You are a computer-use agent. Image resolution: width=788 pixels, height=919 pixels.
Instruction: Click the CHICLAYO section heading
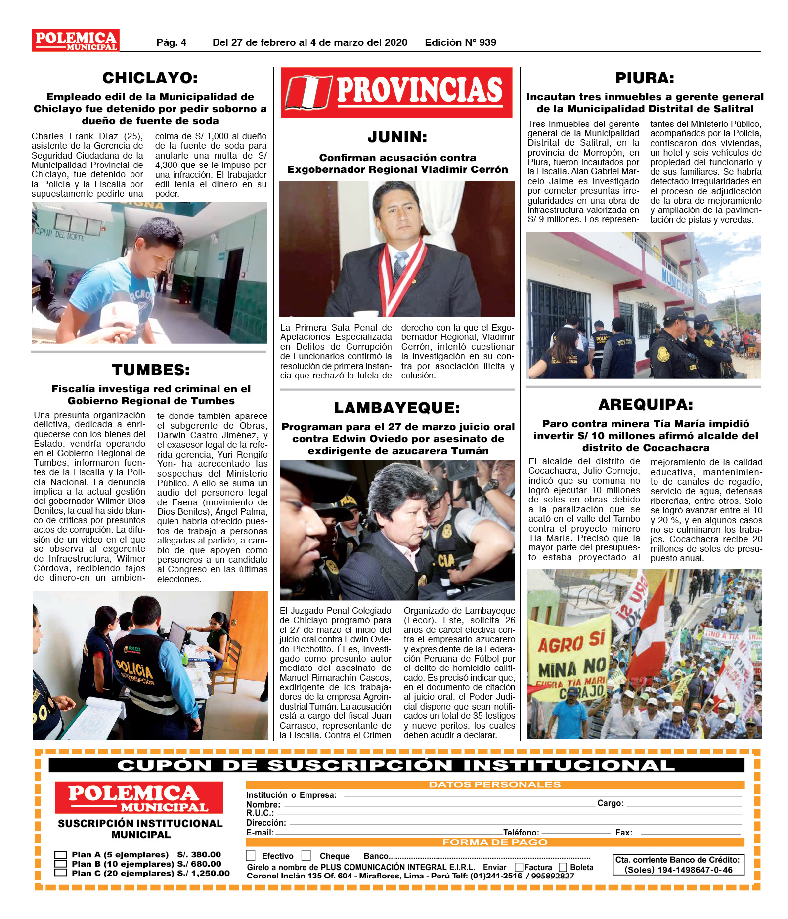pyautogui.click(x=150, y=78)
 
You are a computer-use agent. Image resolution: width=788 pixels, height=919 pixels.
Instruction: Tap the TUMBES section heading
pyautogui.click(x=151, y=370)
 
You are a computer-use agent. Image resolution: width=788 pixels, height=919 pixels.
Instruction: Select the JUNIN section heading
pyautogui.click(x=397, y=137)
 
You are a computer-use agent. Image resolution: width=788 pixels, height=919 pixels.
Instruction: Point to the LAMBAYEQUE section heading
pyautogui.click(x=397, y=408)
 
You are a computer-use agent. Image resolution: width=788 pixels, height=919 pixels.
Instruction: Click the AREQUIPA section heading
pyautogui.click(x=646, y=405)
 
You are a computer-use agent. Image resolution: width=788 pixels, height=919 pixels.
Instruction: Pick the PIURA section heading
pyautogui.click(x=645, y=78)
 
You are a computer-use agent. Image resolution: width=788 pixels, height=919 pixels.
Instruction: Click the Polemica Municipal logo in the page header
pyautogui.click(x=76, y=41)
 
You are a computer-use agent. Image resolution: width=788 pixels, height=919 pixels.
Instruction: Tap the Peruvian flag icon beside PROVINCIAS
pyautogui.click(x=308, y=92)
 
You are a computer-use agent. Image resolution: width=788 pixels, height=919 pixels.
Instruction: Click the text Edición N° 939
pyautogui.click(x=460, y=42)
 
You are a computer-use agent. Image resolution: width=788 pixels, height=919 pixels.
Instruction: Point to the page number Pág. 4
pyautogui.click(x=171, y=42)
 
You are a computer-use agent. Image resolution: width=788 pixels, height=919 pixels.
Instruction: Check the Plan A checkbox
pyautogui.click(x=61, y=855)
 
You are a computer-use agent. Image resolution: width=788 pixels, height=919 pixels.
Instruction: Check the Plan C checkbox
pyautogui.click(x=61, y=873)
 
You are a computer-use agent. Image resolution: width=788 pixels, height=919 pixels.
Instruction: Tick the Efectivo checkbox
pyautogui.click(x=251, y=855)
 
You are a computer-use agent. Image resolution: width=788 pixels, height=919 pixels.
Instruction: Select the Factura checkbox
pyautogui.click(x=519, y=867)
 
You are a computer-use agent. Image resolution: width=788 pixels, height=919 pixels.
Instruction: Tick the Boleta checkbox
pyautogui.click(x=563, y=867)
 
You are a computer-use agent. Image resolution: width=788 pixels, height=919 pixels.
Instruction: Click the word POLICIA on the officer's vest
pyautogui.click(x=134, y=670)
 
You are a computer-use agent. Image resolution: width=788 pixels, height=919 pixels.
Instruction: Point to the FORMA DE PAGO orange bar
pyautogui.click(x=494, y=842)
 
